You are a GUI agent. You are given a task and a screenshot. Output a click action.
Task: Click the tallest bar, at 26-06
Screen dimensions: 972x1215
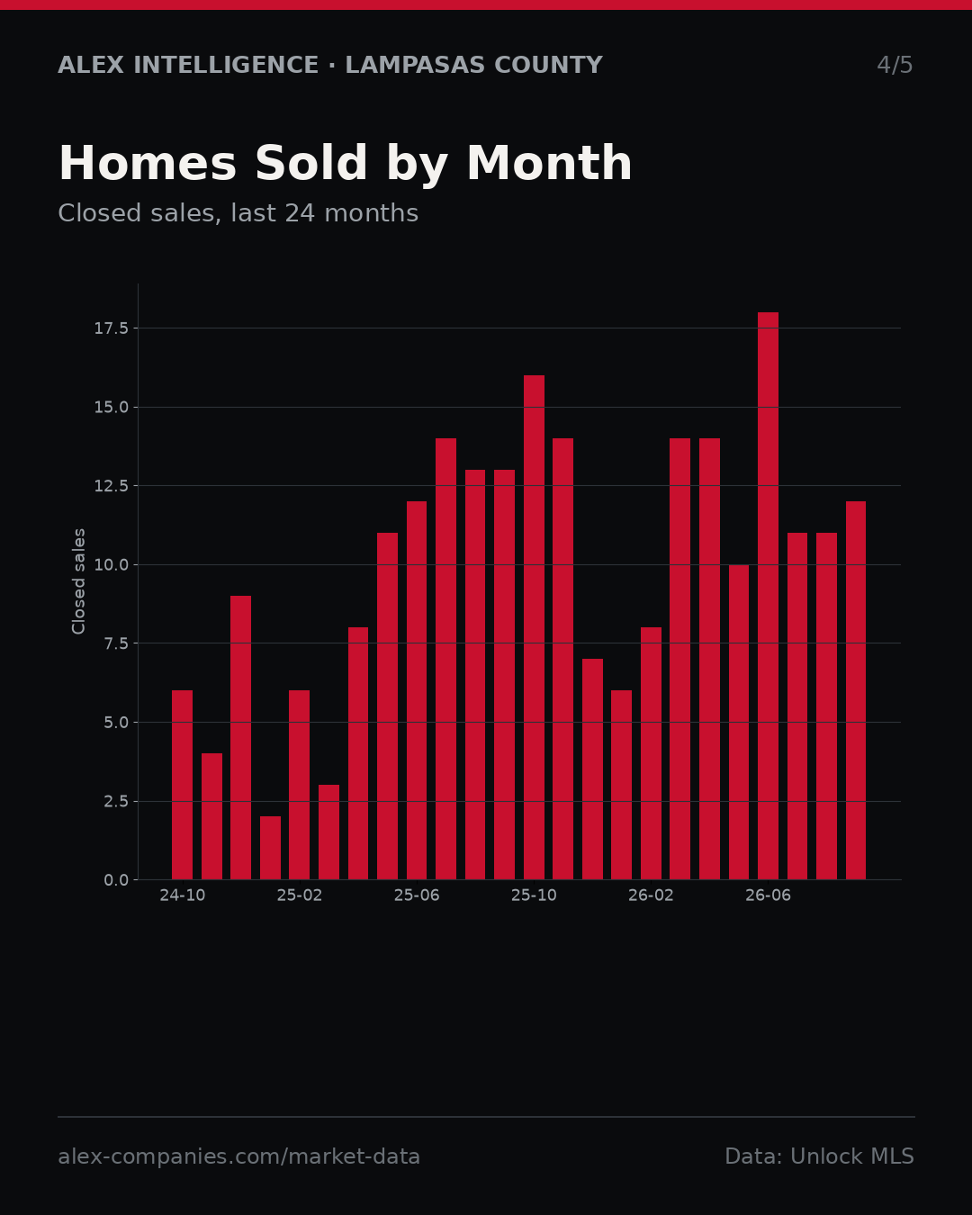(x=768, y=596)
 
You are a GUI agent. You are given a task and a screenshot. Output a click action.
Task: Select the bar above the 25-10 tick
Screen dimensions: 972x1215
(x=534, y=627)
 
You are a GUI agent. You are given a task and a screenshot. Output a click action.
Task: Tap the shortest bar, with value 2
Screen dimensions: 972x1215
(x=270, y=848)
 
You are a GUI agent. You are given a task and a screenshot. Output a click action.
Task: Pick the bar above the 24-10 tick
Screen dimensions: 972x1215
(x=182, y=785)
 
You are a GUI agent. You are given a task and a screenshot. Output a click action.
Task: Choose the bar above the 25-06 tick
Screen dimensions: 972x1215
(x=417, y=690)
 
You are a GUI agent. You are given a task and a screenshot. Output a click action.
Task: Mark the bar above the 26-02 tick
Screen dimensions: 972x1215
(x=651, y=753)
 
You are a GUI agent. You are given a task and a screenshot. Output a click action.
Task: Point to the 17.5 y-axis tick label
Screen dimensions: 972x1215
(x=112, y=328)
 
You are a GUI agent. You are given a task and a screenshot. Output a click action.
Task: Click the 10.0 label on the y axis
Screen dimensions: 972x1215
(x=112, y=564)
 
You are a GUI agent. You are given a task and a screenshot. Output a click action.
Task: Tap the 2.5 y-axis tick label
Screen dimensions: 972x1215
(x=116, y=801)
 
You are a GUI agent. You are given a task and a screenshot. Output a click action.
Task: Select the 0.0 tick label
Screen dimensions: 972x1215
(x=116, y=880)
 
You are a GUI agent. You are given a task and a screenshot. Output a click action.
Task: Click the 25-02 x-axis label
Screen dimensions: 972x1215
(x=300, y=895)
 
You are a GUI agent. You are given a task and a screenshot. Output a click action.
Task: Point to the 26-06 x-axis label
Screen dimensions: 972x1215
(x=768, y=895)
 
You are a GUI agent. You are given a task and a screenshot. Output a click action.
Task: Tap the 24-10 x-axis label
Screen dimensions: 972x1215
(x=183, y=895)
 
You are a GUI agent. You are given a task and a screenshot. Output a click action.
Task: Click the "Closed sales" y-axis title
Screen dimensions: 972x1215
(x=78, y=581)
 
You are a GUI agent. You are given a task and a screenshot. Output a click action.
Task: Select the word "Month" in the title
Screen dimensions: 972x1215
(x=549, y=163)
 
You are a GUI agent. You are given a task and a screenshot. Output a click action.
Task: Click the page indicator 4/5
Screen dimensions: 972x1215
(x=895, y=65)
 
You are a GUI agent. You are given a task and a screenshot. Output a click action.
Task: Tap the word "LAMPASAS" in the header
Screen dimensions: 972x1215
(x=415, y=65)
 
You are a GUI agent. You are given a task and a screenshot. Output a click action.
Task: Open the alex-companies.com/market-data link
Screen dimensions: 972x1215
(x=238, y=1156)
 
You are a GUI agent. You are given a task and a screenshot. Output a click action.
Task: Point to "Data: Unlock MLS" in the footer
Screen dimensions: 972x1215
(x=820, y=1156)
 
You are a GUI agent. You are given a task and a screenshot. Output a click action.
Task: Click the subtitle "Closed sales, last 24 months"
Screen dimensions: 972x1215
(x=238, y=213)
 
